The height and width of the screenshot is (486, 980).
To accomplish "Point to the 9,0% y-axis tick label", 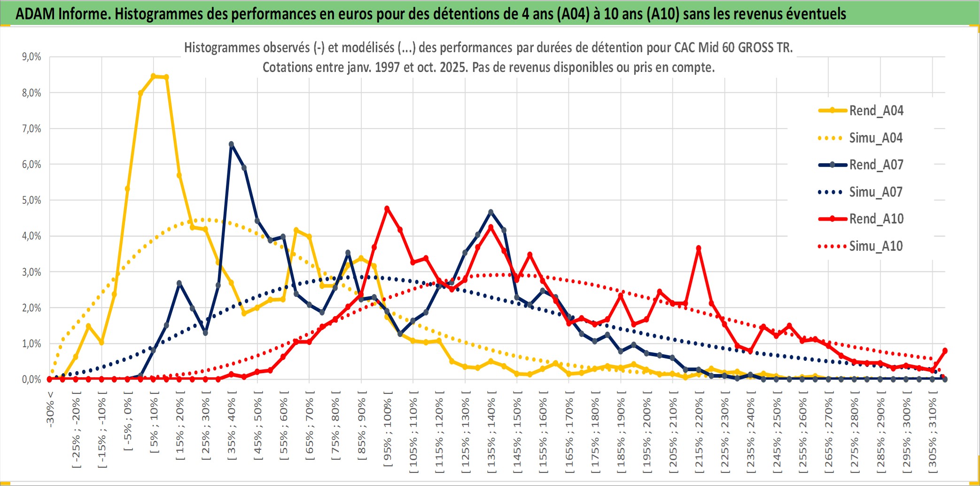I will pyautogui.click(x=31, y=57).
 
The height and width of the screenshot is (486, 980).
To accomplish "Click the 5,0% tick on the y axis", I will pyautogui.click(x=31, y=200).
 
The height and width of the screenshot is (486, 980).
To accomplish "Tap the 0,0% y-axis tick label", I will pyautogui.click(x=31, y=379).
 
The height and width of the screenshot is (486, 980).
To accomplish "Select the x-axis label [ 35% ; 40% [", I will pyautogui.click(x=232, y=426).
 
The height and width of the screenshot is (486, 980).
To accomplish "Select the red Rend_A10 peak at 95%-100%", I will pyautogui.click(x=387, y=208).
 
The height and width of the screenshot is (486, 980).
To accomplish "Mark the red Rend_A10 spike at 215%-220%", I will pyautogui.click(x=699, y=248).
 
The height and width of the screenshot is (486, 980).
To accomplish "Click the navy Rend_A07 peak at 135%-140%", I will pyautogui.click(x=491, y=212).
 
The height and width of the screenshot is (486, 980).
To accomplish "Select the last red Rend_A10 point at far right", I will pyautogui.click(x=945, y=351).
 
